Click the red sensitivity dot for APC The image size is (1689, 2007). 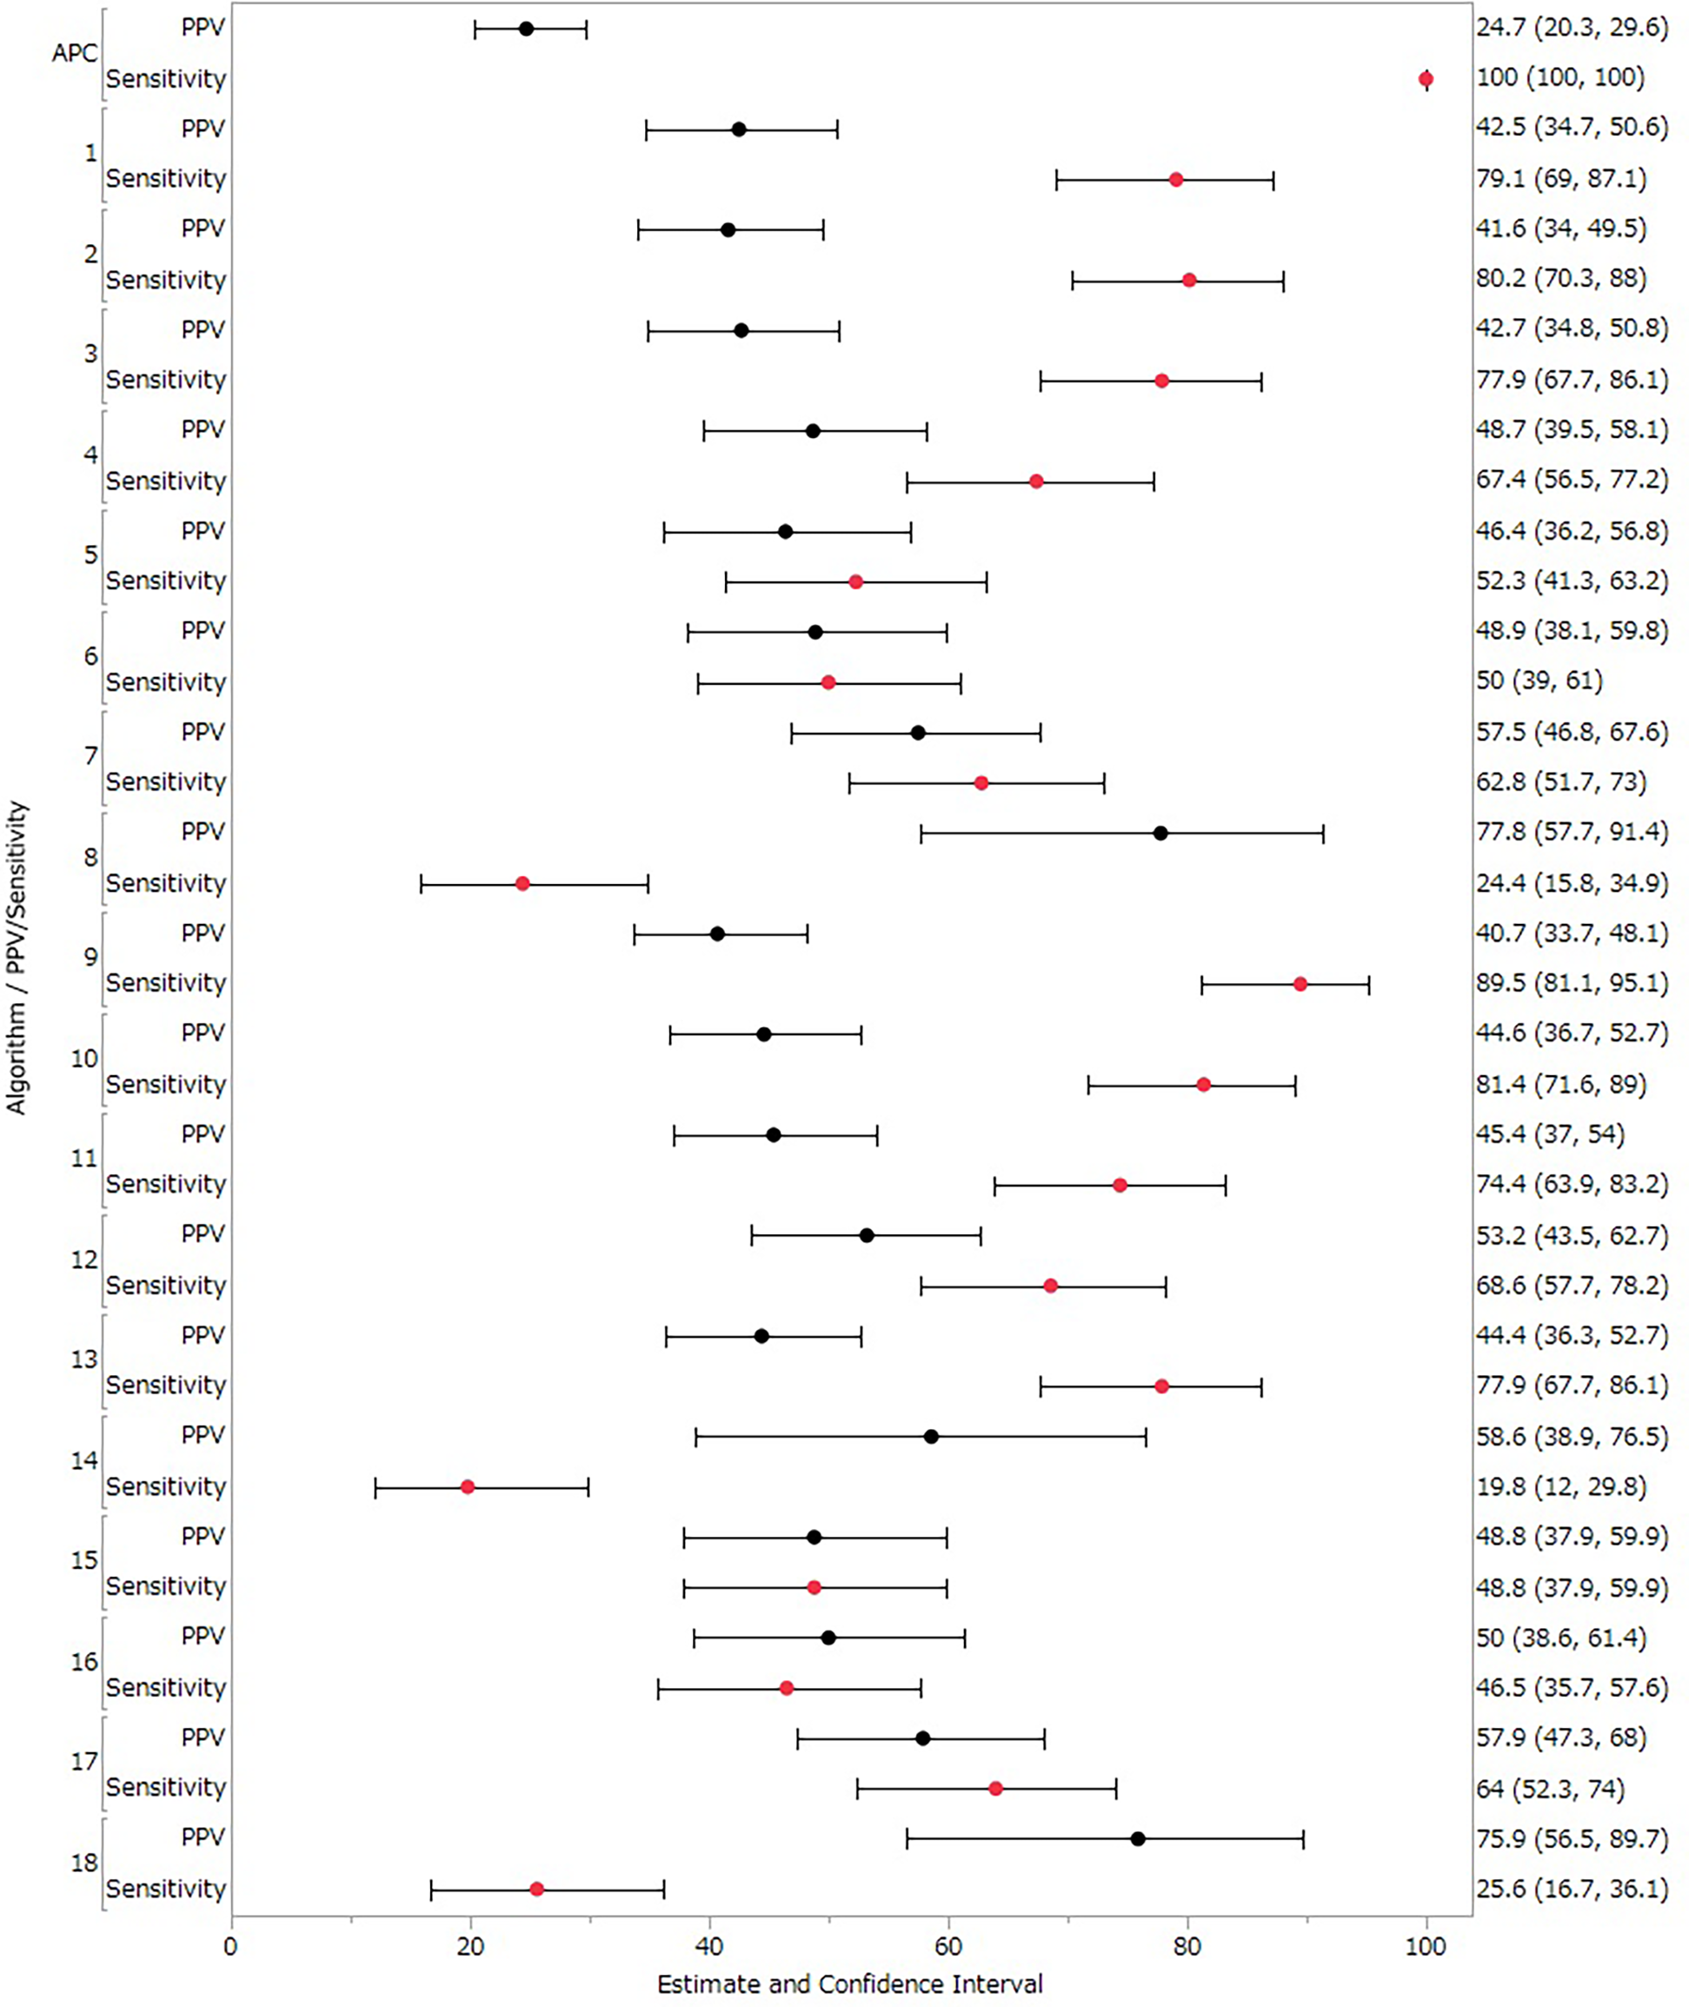[x=1426, y=79]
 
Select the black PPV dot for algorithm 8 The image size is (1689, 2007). [x=1160, y=833]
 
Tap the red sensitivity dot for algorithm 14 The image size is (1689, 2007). [x=468, y=1487]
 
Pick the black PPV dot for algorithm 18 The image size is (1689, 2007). [x=1138, y=1838]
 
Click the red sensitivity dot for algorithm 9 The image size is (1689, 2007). [x=1300, y=984]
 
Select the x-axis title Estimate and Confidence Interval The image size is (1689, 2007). [x=850, y=1983]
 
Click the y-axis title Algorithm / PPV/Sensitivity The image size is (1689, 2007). [x=17, y=958]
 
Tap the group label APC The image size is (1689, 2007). [x=75, y=54]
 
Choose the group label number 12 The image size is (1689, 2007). [x=84, y=1259]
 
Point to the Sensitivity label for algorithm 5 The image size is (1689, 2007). [x=166, y=581]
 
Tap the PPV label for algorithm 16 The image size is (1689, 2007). [x=203, y=1636]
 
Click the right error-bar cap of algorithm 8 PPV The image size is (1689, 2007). [x=1323, y=833]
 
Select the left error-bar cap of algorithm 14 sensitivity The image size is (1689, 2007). [x=376, y=1487]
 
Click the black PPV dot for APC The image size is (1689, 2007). [x=526, y=29]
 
